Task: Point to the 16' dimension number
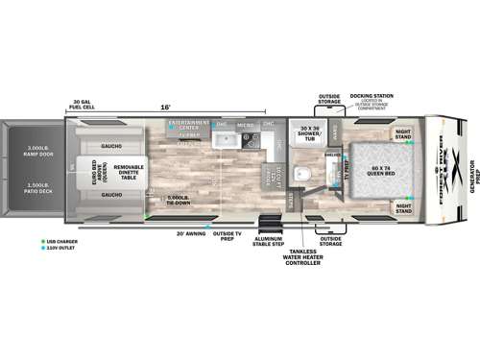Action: (x=164, y=108)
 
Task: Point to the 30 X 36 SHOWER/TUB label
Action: (x=308, y=135)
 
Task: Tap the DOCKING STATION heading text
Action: (x=371, y=96)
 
